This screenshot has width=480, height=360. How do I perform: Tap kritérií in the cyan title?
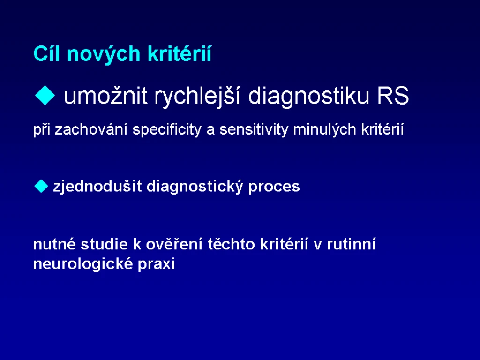(180, 53)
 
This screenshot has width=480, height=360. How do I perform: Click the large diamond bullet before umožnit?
(45, 96)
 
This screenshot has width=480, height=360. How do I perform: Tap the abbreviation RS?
(393, 96)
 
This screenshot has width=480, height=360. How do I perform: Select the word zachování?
(91, 129)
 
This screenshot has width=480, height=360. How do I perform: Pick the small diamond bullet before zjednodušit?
(41, 186)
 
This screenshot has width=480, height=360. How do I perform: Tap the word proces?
(274, 187)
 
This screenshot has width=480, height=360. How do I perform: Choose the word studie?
(105, 244)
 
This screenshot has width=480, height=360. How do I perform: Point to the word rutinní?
(352, 244)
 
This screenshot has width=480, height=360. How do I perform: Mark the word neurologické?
(83, 264)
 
